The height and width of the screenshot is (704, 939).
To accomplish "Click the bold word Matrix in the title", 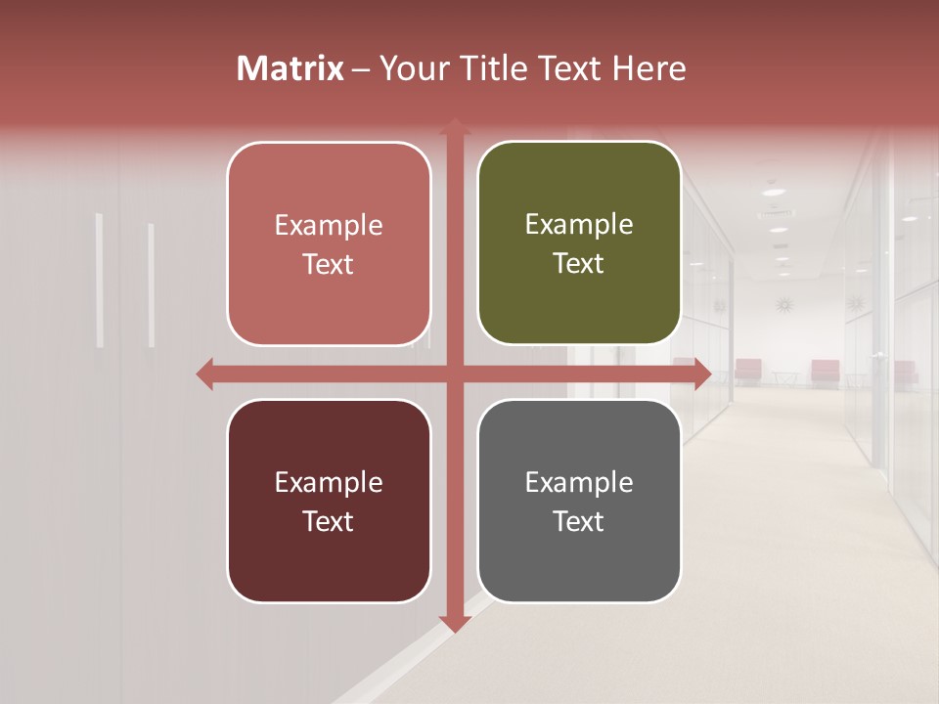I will click(291, 68).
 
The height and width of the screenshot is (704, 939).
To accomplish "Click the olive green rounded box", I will click(579, 243).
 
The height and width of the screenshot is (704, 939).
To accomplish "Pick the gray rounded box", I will click(579, 501).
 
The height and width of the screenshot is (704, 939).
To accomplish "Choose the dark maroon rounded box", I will click(329, 501).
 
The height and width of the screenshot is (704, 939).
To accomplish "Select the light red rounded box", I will click(329, 243).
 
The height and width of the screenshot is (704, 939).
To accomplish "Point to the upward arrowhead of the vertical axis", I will click(454, 127).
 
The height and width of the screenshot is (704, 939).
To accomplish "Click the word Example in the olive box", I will click(579, 225).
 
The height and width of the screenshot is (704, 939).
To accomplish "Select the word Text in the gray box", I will click(579, 521).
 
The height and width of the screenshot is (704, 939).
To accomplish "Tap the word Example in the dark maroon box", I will click(329, 482).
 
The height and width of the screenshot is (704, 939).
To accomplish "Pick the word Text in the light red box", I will click(329, 264).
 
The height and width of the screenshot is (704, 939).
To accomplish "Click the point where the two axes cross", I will click(454, 374).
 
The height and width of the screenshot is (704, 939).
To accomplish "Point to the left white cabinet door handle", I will click(99, 281).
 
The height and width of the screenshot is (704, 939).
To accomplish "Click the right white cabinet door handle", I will click(151, 285).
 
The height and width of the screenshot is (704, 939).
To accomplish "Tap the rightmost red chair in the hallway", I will click(905, 373).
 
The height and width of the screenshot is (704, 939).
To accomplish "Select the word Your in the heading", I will click(411, 68).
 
